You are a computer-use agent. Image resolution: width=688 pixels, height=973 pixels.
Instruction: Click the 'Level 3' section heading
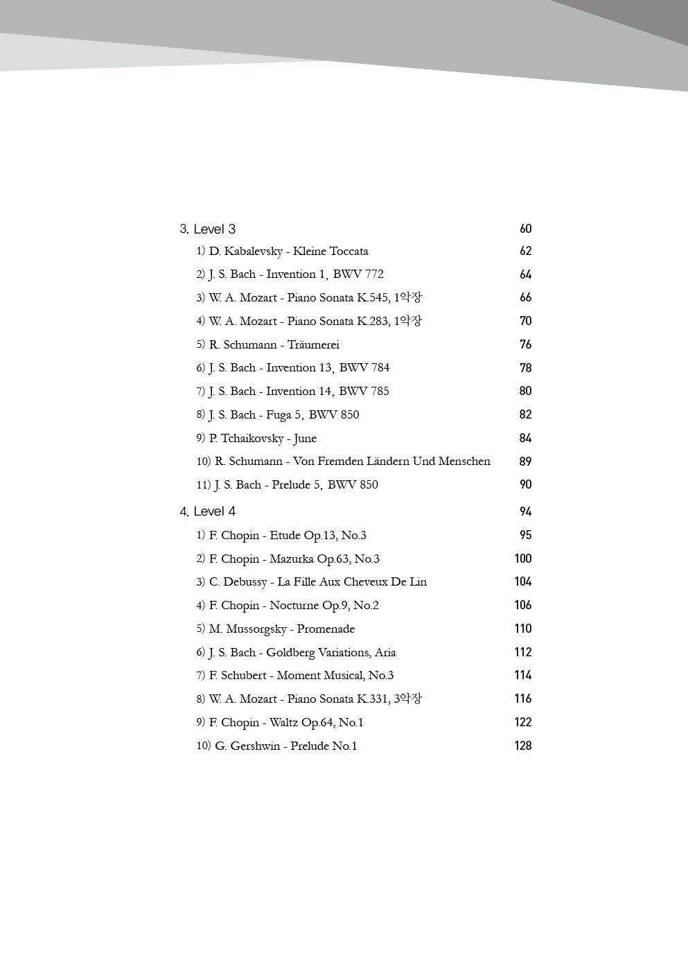208,229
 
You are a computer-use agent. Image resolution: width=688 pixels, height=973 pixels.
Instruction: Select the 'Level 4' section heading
208,511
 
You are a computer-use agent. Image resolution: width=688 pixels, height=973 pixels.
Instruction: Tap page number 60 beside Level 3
525,229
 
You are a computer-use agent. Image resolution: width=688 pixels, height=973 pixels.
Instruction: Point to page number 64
525,275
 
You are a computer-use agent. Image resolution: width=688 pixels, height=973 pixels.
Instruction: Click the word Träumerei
313,345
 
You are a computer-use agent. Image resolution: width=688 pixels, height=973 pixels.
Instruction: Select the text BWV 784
364,368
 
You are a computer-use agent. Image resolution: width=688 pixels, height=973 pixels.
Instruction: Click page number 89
525,462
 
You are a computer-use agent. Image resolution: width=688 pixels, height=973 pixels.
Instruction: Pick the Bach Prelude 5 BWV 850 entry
287,485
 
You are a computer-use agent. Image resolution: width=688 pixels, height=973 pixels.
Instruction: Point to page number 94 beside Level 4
525,512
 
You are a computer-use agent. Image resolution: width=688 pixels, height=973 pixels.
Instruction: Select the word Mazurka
291,559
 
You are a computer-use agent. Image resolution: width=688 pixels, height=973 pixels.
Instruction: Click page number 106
522,606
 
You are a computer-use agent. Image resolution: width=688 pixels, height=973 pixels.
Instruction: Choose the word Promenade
326,629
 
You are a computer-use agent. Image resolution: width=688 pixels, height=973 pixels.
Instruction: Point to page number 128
522,746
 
